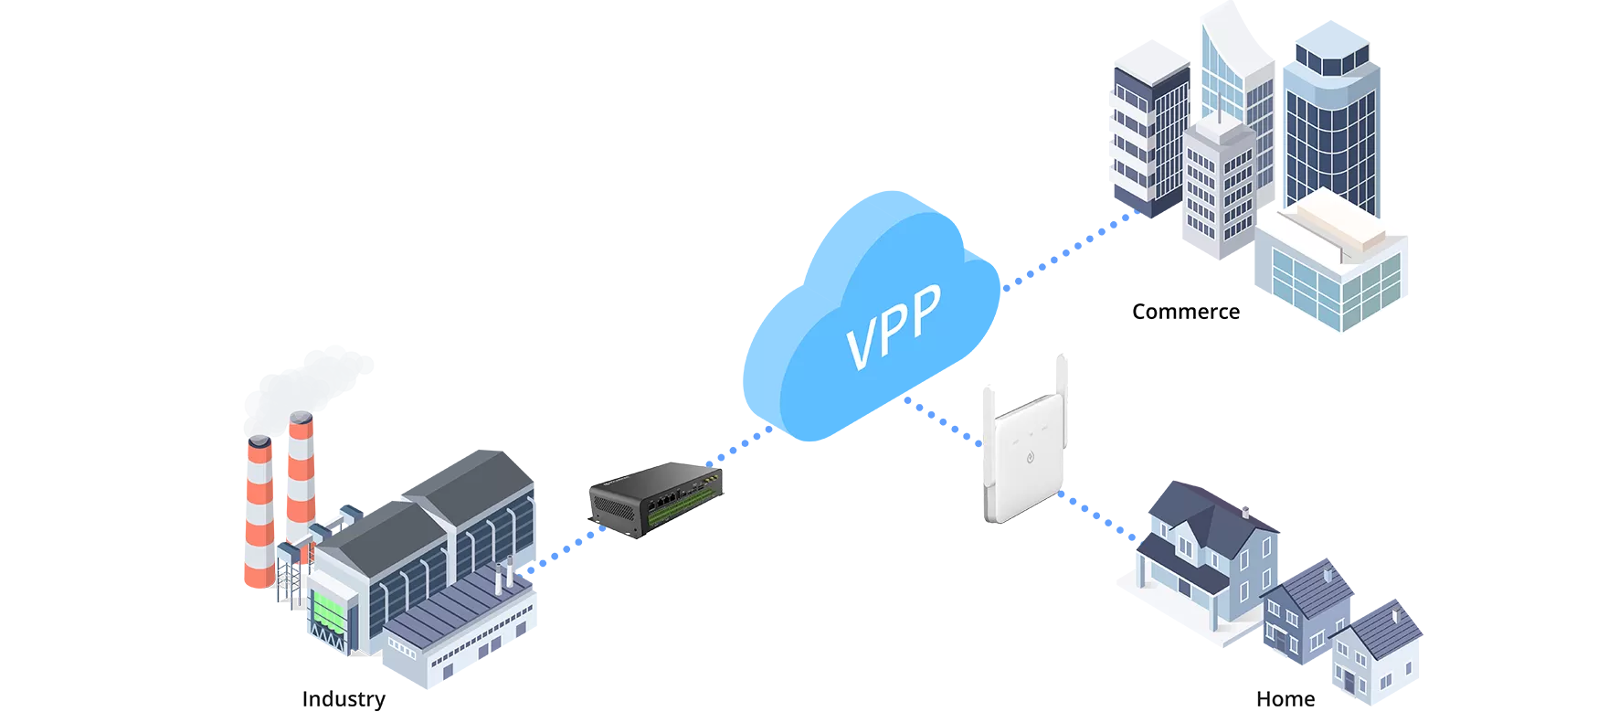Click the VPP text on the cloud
[894, 325]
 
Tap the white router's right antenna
[1063, 384]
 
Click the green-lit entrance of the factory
[324, 608]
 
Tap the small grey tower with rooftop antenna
[1221, 178]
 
